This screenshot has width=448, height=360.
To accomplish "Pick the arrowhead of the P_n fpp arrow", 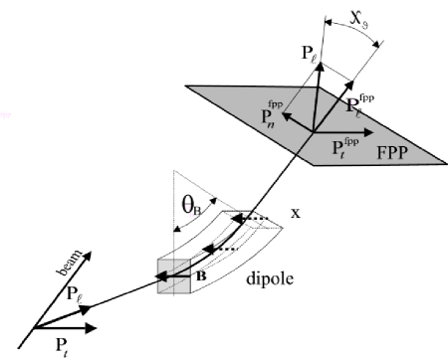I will click(284, 117).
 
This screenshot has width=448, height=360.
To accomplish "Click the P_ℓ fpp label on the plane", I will click(351, 105).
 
